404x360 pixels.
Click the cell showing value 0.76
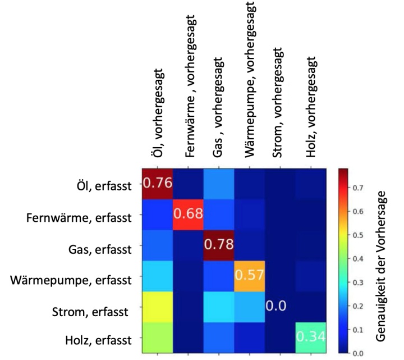pos(157,183)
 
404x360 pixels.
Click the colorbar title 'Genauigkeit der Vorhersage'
pos(383,261)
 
